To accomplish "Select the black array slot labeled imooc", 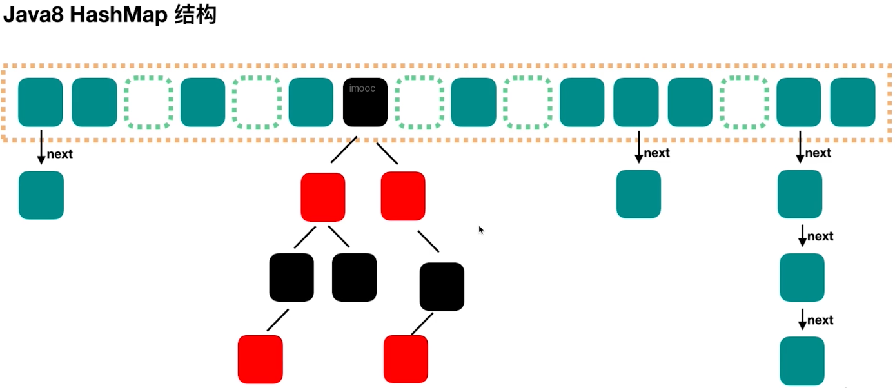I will tap(365, 102).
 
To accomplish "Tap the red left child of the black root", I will tap(323, 197).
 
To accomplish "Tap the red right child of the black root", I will tap(403, 195).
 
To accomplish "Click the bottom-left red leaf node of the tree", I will tap(261, 359).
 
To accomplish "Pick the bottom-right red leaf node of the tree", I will tap(406, 359).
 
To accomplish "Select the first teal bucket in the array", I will tap(40, 102).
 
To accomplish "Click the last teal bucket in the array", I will tap(852, 102).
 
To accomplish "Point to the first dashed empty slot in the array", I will tap(149, 102).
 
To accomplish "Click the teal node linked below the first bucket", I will tap(41, 195).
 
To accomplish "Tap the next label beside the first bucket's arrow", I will tap(60, 154).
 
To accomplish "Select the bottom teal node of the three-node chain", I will tap(802, 361).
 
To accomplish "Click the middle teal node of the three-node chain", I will tap(802, 277).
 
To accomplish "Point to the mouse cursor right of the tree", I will tap(481, 229).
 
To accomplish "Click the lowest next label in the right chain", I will tap(820, 320).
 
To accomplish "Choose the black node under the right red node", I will tap(442, 286).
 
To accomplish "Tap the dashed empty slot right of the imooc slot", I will tap(419, 102).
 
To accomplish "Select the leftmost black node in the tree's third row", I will tap(291, 277).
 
